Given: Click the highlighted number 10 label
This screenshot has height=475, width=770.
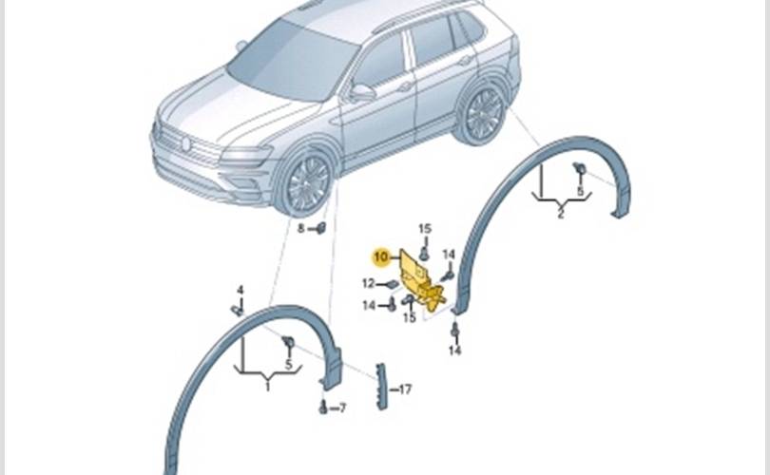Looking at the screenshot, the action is click(x=381, y=256).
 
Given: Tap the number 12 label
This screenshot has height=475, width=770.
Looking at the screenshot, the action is click(x=368, y=284).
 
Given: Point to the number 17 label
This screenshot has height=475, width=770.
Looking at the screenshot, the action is click(x=405, y=389).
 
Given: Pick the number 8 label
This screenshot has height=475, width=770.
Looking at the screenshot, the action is click(x=301, y=228).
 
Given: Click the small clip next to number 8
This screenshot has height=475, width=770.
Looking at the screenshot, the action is click(x=320, y=228).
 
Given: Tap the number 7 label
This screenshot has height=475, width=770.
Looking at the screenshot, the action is click(x=342, y=408).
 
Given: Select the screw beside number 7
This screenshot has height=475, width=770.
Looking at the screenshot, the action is click(x=323, y=408).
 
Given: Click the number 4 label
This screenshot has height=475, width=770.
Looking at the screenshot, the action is click(x=241, y=291).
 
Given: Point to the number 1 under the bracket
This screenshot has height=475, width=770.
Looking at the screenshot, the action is click(x=268, y=388).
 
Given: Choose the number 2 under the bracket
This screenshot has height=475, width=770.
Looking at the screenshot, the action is click(x=561, y=214).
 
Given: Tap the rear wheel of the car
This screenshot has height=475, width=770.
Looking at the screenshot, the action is click(x=482, y=115).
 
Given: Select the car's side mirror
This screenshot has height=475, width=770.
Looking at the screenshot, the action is click(x=362, y=92).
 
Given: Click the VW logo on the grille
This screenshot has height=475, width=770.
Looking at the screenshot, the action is click(x=186, y=143).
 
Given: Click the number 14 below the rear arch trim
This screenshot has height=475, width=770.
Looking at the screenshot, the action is click(x=454, y=351).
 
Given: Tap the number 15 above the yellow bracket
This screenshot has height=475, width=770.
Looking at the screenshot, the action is click(x=425, y=229).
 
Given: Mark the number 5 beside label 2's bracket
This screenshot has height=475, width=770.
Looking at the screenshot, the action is click(x=581, y=191).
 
